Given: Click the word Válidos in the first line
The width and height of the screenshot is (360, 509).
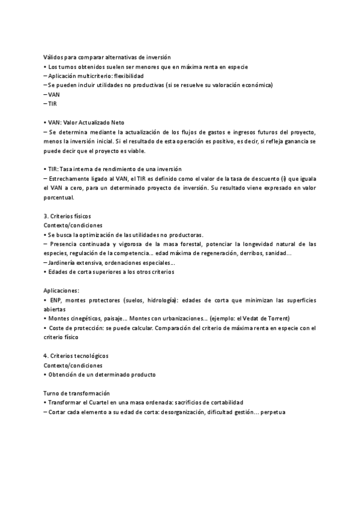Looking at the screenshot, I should click(54, 57).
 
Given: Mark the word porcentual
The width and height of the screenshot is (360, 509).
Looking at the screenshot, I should click(59, 197).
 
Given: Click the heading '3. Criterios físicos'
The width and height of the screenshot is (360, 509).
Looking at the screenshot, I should click(68, 215).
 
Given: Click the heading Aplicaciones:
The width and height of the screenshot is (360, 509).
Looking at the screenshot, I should click(61, 291).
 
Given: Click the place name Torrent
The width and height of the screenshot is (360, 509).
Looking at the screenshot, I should click(278, 319).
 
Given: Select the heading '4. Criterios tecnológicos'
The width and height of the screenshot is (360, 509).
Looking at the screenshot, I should click(76, 356).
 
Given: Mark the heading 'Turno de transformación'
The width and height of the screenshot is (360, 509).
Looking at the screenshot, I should click(77, 393).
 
